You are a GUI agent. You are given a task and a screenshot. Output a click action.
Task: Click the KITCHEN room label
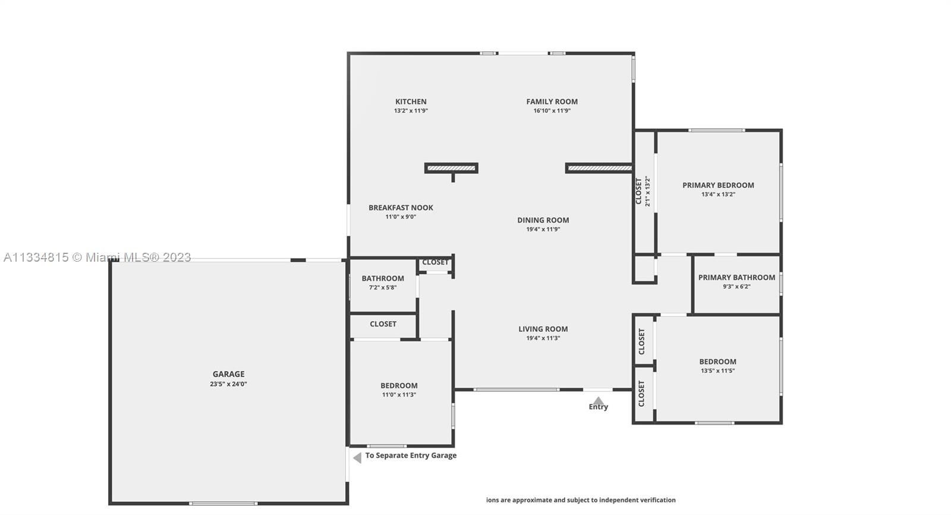(x=411, y=102)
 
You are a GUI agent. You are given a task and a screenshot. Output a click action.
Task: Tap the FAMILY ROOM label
(x=552, y=102)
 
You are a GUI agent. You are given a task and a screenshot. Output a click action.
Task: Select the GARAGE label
(x=228, y=374)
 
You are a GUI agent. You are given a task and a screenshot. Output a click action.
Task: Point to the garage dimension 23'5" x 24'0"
(x=228, y=384)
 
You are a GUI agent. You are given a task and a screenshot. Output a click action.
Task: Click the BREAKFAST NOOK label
(x=401, y=208)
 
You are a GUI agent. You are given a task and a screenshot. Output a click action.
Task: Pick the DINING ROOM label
(x=543, y=220)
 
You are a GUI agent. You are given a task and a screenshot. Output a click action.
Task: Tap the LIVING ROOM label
(x=543, y=329)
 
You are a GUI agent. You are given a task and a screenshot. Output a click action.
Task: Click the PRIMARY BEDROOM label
(x=719, y=186)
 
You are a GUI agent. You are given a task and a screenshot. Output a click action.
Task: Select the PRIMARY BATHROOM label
(x=736, y=278)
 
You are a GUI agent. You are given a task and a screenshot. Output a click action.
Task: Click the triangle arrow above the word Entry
(x=598, y=401)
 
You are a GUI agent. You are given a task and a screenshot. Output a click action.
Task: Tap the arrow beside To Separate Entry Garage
(x=357, y=458)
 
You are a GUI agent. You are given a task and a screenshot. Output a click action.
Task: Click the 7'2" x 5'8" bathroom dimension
(x=383, y=288)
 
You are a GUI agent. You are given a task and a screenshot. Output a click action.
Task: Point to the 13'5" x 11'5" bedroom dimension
(x=718, y=370)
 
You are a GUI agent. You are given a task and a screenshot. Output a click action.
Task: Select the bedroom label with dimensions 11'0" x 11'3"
(x=399, y=386)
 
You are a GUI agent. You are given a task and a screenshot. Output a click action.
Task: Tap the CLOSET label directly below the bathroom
(x=383, y=324)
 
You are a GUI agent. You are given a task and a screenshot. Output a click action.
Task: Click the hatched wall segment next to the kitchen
(x=451, y=168)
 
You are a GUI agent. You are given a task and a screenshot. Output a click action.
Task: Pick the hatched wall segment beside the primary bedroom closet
(x=599, y=168)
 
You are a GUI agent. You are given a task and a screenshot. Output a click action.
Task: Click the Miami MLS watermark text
(x=97, y=257)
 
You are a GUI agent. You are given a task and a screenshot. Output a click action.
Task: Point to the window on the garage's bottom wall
(x=223, y=504)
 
